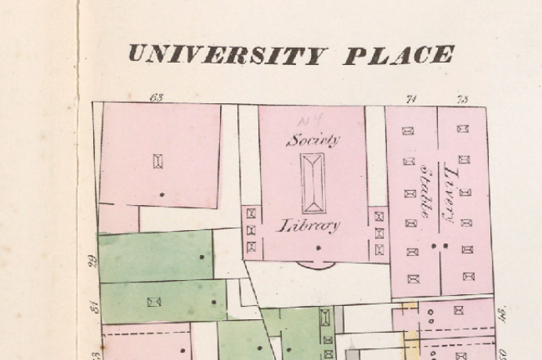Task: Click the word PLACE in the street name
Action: point(398,55)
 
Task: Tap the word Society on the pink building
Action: point(313,140)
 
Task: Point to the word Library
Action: point(311,226)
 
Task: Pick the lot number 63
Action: point(157,98)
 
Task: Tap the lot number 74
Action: point(410,99)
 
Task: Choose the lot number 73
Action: point(463,99)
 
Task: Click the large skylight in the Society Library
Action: point(313,183)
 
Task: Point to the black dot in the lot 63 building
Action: point(162,193)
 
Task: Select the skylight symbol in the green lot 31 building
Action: point(154,301)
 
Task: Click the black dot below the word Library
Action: point(318,248)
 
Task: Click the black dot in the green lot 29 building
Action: point(201,256)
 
